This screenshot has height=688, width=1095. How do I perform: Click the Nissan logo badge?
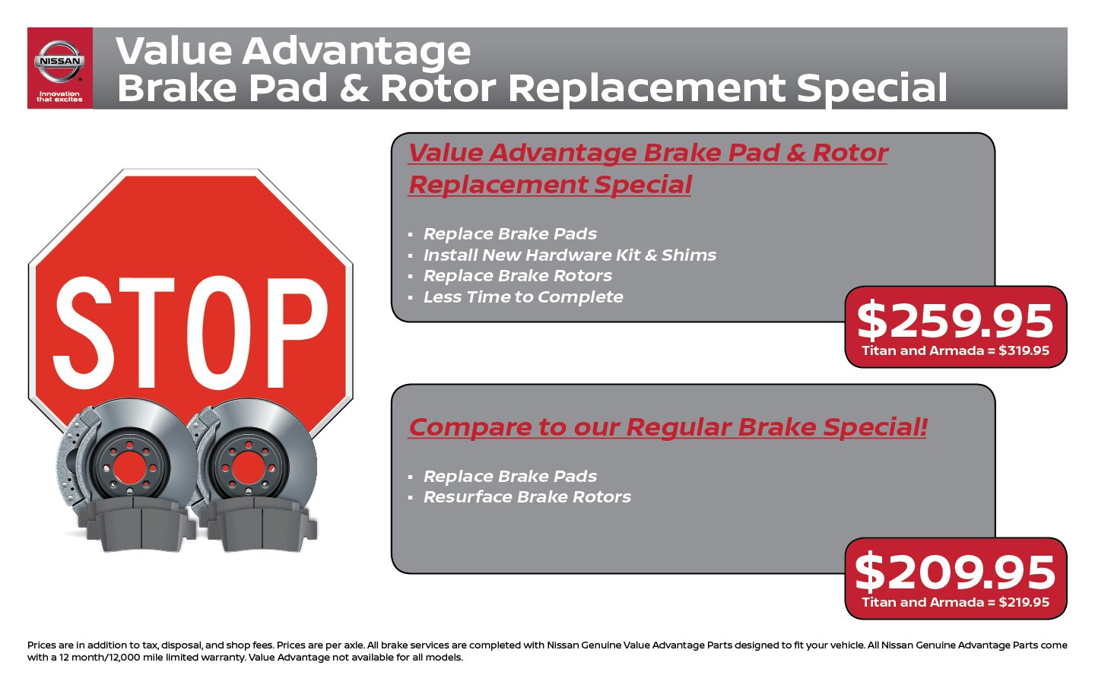pyautogui.click(x=59, y=61)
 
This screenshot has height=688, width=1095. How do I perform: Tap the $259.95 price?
pyautogui.click(x=955, y=321)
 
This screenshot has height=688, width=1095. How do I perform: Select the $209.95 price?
pyautogui.click(x=955, y=572)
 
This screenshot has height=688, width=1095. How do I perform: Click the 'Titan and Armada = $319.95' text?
pyautogui.click(x=955, y=350)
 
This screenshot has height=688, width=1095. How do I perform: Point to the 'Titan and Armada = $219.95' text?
pyautogui.click(x=955, y=602)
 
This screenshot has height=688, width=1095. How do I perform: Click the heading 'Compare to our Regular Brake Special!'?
pyautogui.click(x=668, y=427)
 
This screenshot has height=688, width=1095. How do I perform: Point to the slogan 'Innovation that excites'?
pyautogui.click(x=59, y=97)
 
